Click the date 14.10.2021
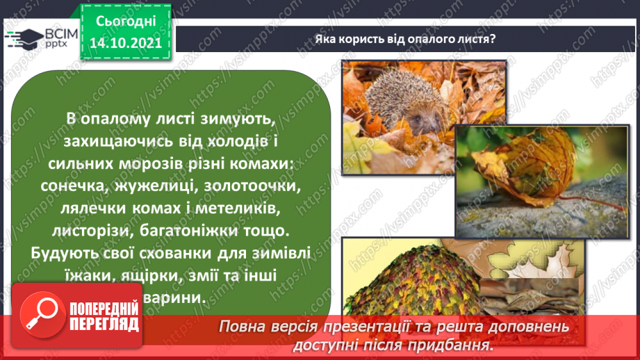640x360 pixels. (x=125, y=42)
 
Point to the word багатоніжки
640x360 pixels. (x=184, y=229)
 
